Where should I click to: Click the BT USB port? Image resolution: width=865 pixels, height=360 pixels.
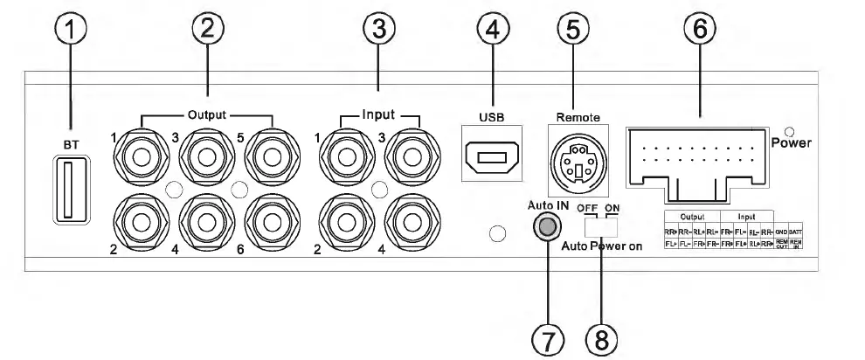tap(66, 190)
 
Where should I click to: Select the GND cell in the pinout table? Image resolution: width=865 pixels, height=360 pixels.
tap(781, 232)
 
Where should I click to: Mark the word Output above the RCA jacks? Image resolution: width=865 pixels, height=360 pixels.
tap(209, 113)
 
